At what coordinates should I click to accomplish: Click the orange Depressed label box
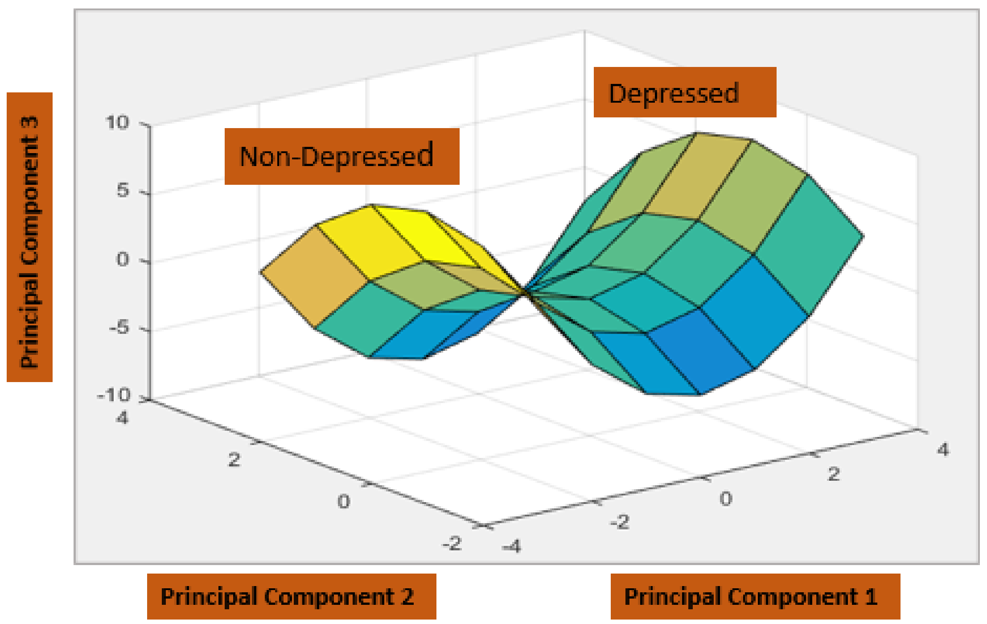pos(684,92)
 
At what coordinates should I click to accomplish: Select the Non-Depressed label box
pos(341,156)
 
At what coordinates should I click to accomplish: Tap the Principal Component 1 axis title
pos(755,596)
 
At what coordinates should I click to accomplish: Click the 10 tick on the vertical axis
pos(117,122)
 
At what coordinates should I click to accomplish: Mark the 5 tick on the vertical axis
pos(123,191)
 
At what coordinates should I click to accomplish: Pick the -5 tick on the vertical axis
pos(119,328)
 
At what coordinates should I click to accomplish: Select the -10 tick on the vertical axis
pos(114,395)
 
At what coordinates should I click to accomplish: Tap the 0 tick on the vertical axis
pos(123,259)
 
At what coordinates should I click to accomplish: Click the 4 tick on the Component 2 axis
pos(122,418)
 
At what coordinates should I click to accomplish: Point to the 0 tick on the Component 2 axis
pos(343,502)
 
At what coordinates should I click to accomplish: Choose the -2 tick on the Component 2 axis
pos(452,544)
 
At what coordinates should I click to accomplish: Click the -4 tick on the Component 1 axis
pos(511,546)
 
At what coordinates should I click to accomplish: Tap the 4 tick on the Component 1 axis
pos(942,449)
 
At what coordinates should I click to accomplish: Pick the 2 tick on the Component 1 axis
pos(834,474)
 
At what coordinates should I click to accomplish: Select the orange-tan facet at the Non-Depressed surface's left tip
pos(314,277)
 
